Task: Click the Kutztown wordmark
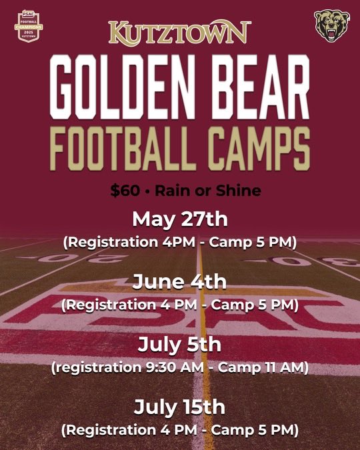click(x=180, y=32)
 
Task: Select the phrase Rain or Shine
click(x=207, y=191)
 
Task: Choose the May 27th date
click(x=179, y=219)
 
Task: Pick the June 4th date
click(x=179, y=282)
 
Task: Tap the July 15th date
click(x=179, y=406)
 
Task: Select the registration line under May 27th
click(x=179, y=242)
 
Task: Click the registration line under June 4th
click(x=179, y=305)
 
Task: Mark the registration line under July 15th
click(x=179, y=429)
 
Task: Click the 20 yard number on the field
click(x=45, y=257)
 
